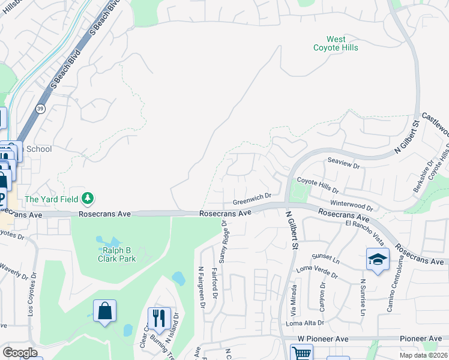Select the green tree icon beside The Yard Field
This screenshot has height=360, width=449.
(88, 197)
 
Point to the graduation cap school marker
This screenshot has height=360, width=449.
(377, 260)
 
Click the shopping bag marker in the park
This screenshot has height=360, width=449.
(104, 311)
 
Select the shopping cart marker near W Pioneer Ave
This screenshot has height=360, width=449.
(301, 353)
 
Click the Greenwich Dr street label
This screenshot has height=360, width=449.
(253, 196)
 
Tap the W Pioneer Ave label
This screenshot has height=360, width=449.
(323, 339)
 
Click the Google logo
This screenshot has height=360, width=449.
(20, 353)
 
